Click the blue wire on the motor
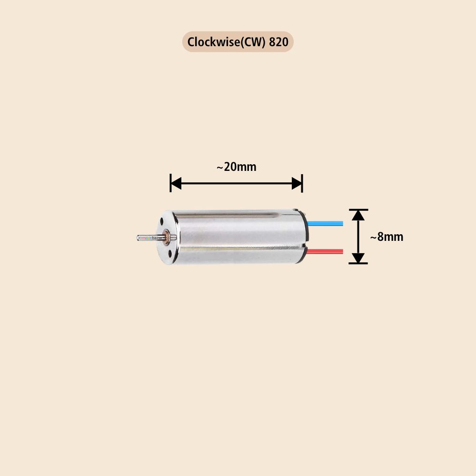click(x=326, y=223)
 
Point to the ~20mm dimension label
click(x=237, y=167)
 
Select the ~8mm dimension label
click(x=387, y=237)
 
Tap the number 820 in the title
click(x=278, y=42)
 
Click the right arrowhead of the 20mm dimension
click(x=297, y=183)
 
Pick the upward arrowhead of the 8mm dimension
click(x=358, y=215)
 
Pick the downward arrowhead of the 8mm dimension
click(x=358, y=258)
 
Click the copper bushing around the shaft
click(x=167, y=237)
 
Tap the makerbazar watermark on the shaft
click(x=151, y=237)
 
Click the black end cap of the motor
click(x=307, y=237)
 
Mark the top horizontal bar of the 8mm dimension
click(x=358, y=209)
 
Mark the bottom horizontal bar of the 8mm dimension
click(x=358, y=263)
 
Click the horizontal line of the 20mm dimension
click(x=237, y=183)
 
